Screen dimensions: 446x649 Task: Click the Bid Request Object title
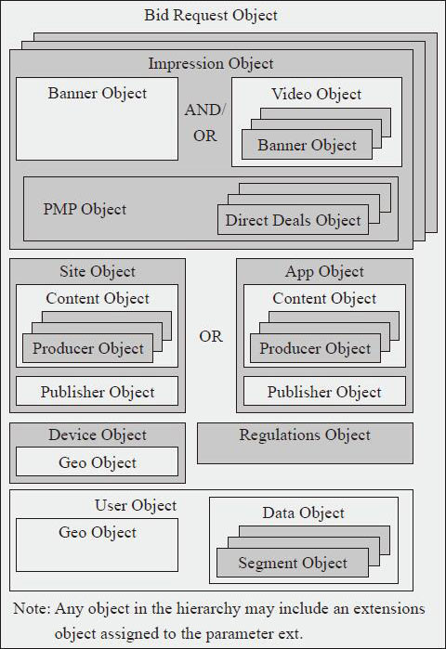pyautogui.click(x=211, y=15)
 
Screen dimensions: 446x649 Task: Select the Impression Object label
pyautogui.click(x=211, y=64)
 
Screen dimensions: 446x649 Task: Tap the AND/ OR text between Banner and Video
pyautogui.click(x=205, y=123)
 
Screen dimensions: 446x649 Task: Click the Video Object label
pyautogui.click(x=317, y=94)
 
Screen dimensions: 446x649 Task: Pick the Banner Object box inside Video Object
pyautogui.click(x=307, y=145)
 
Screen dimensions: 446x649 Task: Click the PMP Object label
pyautogui.click(x=85, y=209)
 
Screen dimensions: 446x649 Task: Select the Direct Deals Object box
pyautogui.click(x=294, y=220)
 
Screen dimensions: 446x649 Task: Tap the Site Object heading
pyautogui.click(x=98, y=271)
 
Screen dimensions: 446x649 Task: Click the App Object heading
pyautogui.click(x=324, y=271)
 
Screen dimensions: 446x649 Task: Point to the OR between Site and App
pyautogui.click(x=211, y=336)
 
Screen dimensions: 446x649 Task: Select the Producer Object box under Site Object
pyautogui.click(x=87, y=348)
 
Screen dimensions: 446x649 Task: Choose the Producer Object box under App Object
pyautogui.click(x=315, y=348)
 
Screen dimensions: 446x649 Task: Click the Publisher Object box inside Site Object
pyautogui.click(x=98, y=391)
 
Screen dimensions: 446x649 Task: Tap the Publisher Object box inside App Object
pyautogui.click(x=324, y=391)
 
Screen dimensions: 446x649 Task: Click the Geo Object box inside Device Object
pyautogui.click(x=98, y=461)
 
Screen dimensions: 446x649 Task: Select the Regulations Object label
pyautogui.click(x=305, y=435)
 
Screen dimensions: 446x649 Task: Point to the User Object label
pyautogui.click(x=136, y=505)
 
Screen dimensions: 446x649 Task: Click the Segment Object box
pyautogui.click(x=293, y=563)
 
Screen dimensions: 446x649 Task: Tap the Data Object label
pyautogui.click(x=304, y=513)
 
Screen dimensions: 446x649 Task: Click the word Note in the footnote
pyautogui.click(x=32, y=608)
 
